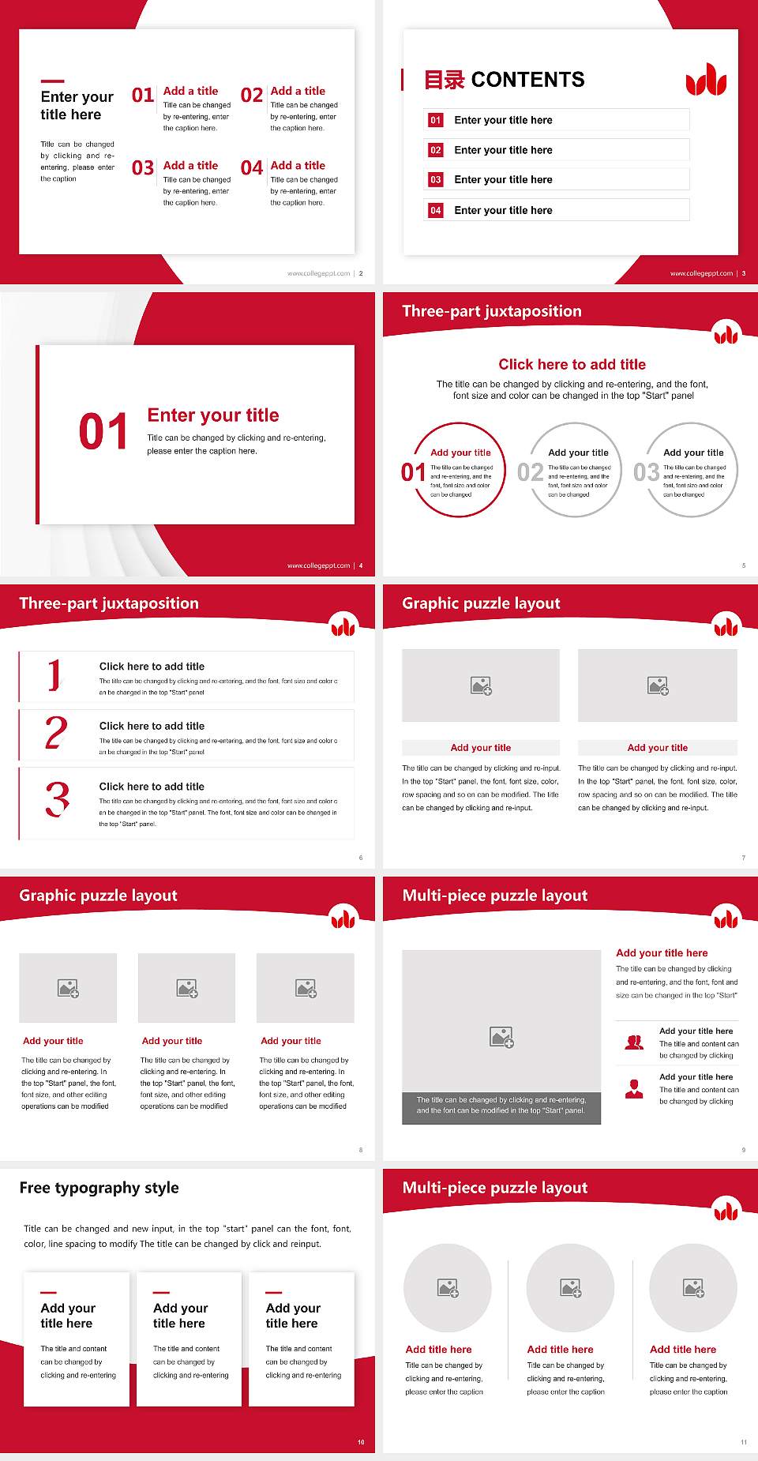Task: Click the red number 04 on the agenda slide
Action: click(251, 168)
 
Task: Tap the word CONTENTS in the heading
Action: click(527, 80)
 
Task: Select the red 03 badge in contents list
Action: click(436, 180)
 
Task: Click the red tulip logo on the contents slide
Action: click(705, 80)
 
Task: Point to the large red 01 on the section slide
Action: click(103, 432)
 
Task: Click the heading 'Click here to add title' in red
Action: click(572, 364)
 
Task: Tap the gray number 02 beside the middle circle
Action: click(530, 472)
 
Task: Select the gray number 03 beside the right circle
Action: click(646, 472)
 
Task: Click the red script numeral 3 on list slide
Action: click(57, 799)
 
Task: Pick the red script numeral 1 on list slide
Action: click(54, 676)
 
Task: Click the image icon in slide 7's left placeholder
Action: click(481, 685)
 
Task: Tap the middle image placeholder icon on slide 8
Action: click(187, 988)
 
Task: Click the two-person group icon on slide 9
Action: click(634, 1042)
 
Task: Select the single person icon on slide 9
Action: click(634, 1089)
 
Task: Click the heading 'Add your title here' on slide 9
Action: click(662, 953)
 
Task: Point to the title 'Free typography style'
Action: click(99, 1188)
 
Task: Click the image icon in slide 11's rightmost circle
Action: click(693, 1288)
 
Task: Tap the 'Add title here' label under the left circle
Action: click(438, 1350)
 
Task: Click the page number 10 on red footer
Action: click(361, 1442)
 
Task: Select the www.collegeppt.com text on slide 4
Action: click(318, 565)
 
